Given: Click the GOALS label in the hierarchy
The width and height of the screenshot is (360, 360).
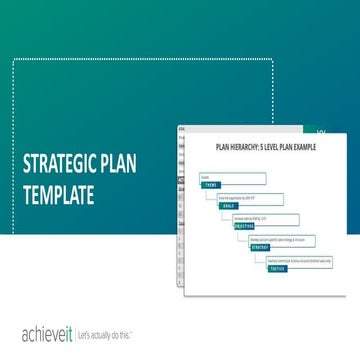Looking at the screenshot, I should click(229, 206).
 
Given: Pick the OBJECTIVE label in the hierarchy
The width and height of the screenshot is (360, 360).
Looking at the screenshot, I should click(244, 226).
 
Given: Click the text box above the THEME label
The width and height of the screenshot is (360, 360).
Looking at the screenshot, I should click(232, 178).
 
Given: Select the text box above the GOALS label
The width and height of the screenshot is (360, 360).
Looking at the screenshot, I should click(250, 199).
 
